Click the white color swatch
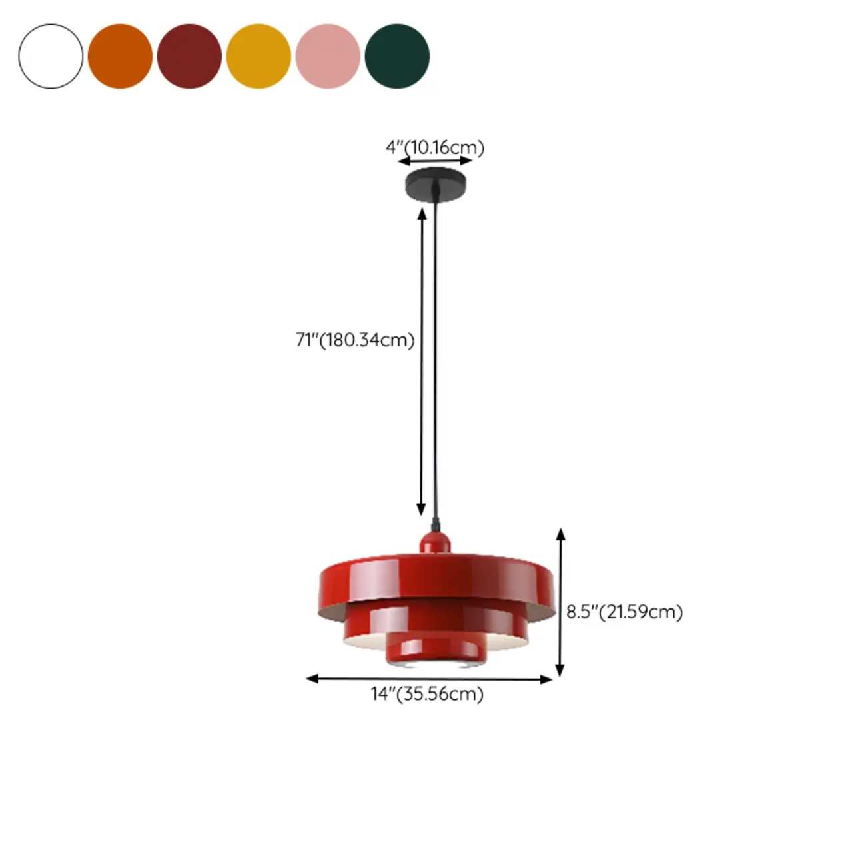51,56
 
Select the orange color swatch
120,56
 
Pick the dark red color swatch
189,56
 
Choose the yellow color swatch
258,56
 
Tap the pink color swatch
328,56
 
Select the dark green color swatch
397,56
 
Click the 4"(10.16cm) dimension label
435,147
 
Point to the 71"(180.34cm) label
355,340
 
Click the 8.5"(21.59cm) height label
624,612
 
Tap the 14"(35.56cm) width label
427,694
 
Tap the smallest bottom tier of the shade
436,649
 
